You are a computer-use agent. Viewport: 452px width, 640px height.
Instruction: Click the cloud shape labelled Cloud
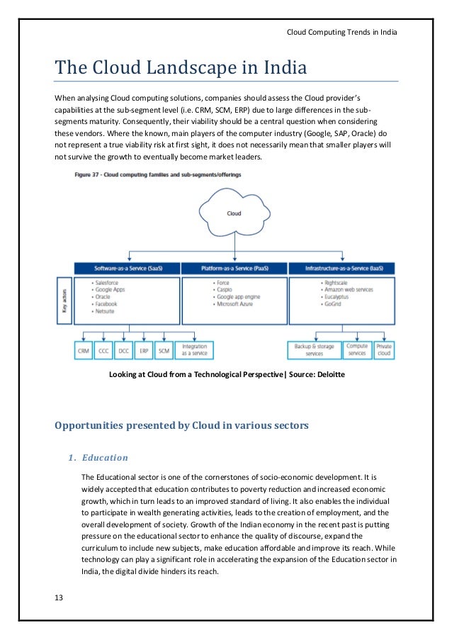pyautogui.click(x=233, y=213)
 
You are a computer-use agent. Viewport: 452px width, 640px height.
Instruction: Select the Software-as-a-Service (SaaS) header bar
pyautogui.click(x=128, y=269)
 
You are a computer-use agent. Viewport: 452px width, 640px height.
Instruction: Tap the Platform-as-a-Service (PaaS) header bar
pyautogui.click(x=234, y=269)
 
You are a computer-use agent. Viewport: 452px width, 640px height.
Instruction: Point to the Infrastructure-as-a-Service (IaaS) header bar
pyautogui.click(x=341, y=269)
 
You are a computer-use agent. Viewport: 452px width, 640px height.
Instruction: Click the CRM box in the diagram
pyautogui.click(x=84, y=351)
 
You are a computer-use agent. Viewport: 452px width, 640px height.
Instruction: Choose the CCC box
pyautogui.click(x=104, y=351)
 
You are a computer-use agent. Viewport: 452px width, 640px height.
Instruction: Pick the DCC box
pyautogui.click(x=125, y=351)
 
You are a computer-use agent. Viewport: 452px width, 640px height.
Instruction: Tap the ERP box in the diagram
pyautogui.click(x=145, y=351)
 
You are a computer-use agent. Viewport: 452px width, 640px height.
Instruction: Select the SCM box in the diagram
pyautogui.click(x=164, y=351)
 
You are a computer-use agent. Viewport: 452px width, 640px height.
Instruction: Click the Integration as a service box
pyautogui.click(x=194, y=351)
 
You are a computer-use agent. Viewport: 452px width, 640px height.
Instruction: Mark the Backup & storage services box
pyautogui.click(x=314, y=351)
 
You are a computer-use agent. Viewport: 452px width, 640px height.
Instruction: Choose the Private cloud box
pyautogui.click(x=384, y=351)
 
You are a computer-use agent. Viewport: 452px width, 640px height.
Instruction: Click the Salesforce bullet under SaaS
pyautogui.click(x=109, y=283)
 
